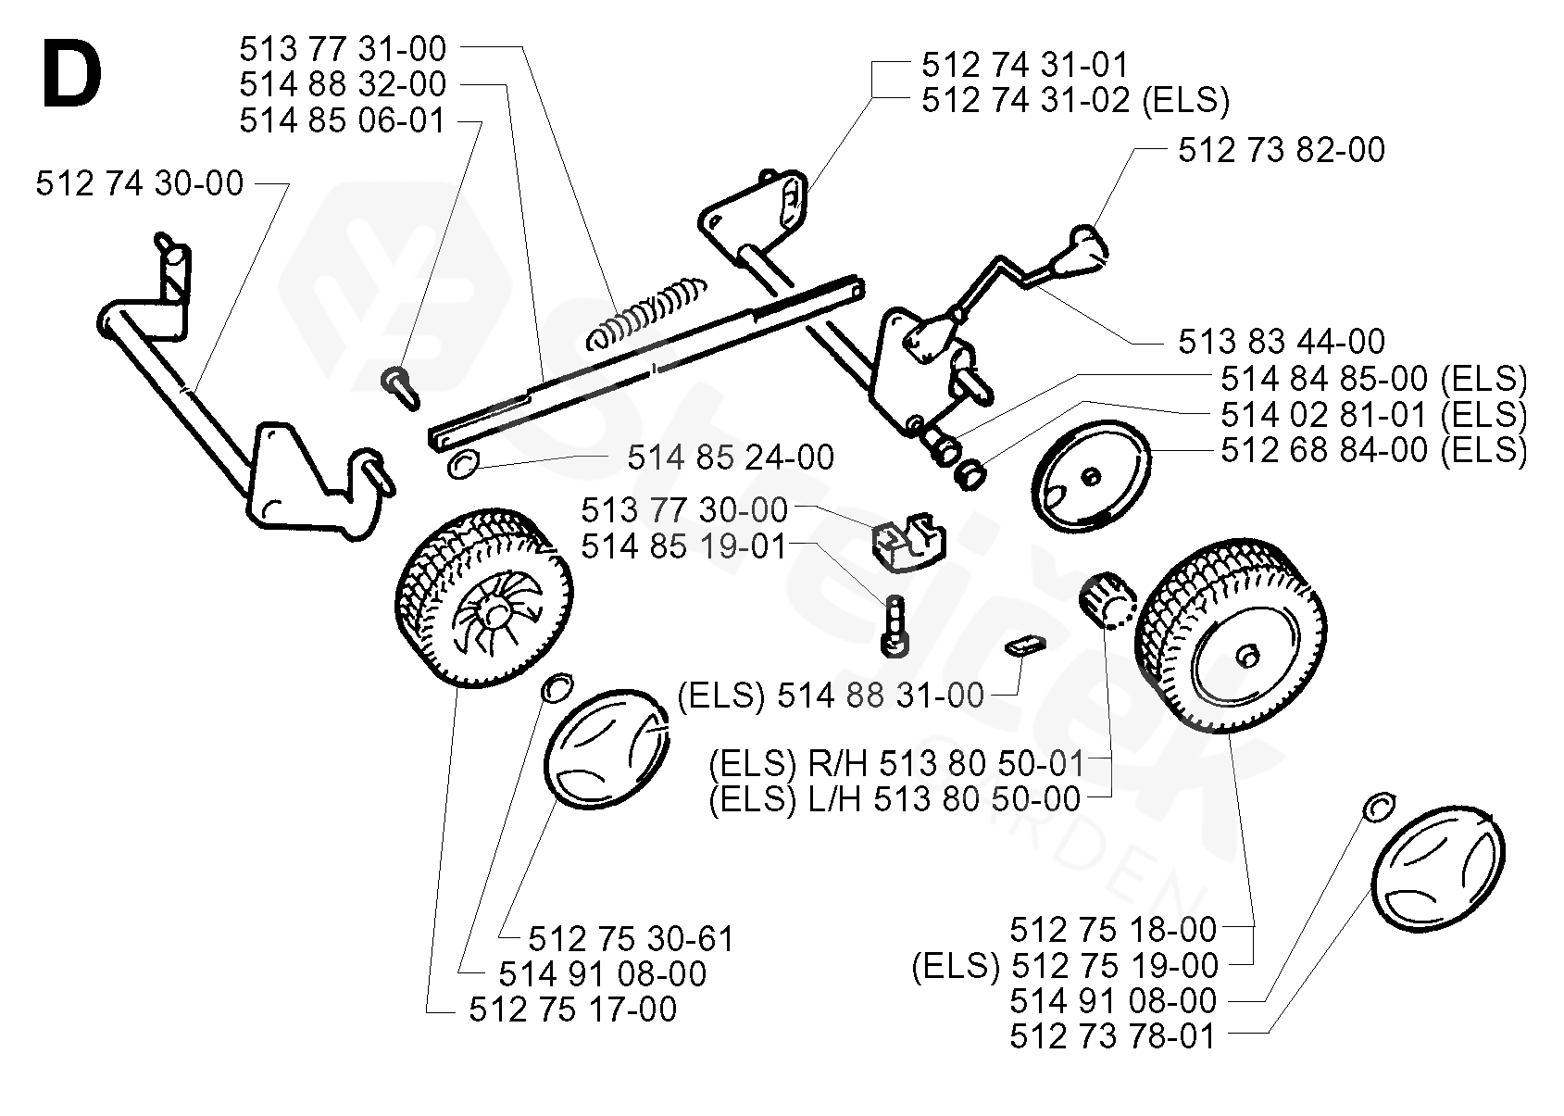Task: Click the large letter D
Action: click(72, 73)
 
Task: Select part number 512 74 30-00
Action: click(140, 183)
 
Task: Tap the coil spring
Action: click(645, 314)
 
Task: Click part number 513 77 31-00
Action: click(343, 50)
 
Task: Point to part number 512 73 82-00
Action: click(1282, 150)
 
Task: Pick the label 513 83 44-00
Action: click(1282, 342)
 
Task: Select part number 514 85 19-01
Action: click(684, 546)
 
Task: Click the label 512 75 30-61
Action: click(632, 938)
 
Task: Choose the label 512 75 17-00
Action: click(572, 1009)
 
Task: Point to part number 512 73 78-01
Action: click(1113, 1035)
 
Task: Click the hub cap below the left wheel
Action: click(606, 748)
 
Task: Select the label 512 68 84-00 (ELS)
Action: click(1374, 450)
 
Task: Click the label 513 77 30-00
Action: click(684, 510)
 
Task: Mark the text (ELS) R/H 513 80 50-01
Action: click(896, 763)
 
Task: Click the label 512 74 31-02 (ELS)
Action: click(1075, 101)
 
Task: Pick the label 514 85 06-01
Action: click(343, 120)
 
